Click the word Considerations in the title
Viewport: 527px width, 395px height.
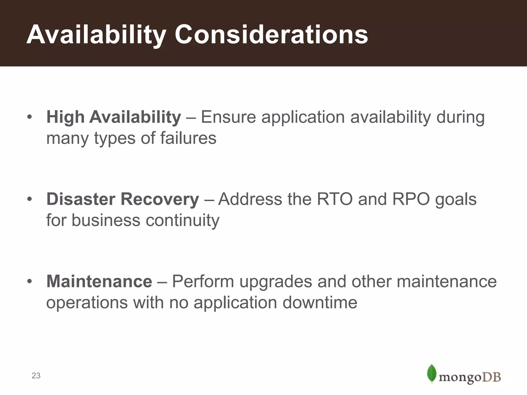(271, 35)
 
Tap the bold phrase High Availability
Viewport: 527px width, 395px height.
(113, 117)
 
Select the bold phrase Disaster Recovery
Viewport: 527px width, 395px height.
(122, 199)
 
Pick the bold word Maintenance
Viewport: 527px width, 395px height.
(99, 281)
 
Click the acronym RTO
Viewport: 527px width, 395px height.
(335, 199)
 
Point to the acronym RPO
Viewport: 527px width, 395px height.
(411, 199)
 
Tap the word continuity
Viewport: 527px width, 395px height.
(182, 220)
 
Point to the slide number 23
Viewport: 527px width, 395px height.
(36, 376)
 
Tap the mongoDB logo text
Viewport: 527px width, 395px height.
(469, 377)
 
